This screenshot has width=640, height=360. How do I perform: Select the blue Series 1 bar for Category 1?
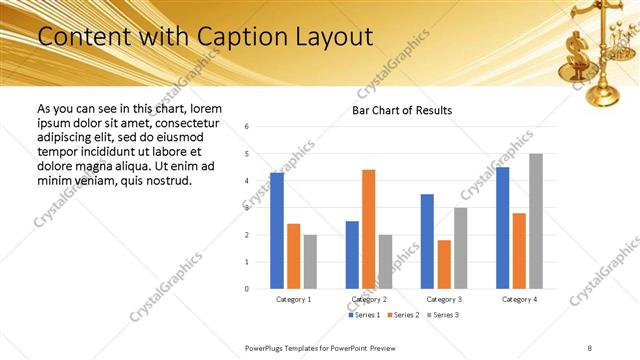pyautogui.click(x=277, y=230)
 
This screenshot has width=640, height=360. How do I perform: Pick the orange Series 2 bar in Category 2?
pyautogui.click(x=368, y=229)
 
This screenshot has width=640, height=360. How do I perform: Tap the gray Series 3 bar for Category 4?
pyautogui.click(x=536, y=221)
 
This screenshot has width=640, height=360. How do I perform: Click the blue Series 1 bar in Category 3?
pyautogui.click(x=427, y=241)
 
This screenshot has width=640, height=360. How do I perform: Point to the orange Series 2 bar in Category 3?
pyautogui.click(x=444, y=264)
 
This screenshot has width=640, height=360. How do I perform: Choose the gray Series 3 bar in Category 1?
pyautogui.click(x=310, y=261)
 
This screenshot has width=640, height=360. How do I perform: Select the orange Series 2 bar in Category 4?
pyautogui.click(x=519, y=250)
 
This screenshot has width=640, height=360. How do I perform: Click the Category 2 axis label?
pyautogui.click(x=368, y=299)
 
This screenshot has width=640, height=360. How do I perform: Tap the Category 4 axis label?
pyautogui.click(x=519, y=299)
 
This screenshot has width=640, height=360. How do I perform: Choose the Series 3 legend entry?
pyautogui.click(x=443, y=315)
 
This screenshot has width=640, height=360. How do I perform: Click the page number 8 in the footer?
pyautogui.click(x=590, y=347)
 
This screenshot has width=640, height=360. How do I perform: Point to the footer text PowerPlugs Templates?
pyautogui.click(x=291, y=347)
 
